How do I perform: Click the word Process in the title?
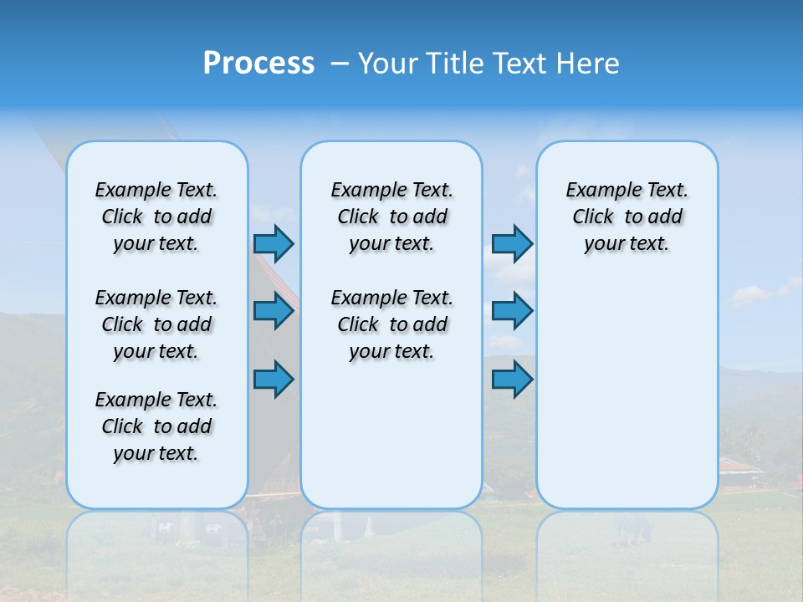[x=258, y=64]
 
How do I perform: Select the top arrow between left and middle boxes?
[x=274, y=243]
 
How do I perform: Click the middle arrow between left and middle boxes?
[x=274, y=311]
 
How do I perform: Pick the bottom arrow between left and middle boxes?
[x=274, y=379]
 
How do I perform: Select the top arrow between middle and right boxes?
[x=512, y=243]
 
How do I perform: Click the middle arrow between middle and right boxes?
[x=512, y=311]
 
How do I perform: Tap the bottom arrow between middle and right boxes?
[x=512, y=379]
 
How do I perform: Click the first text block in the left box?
[x=156, y=217]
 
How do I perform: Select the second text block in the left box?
[x=156, y=324]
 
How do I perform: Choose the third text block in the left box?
[x=156, y=426]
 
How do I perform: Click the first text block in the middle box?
[x=391, y=217]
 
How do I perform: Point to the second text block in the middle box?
[x=391, y=324]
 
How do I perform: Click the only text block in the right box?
[x=627, y=217]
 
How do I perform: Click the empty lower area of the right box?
[x=627, y=393]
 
